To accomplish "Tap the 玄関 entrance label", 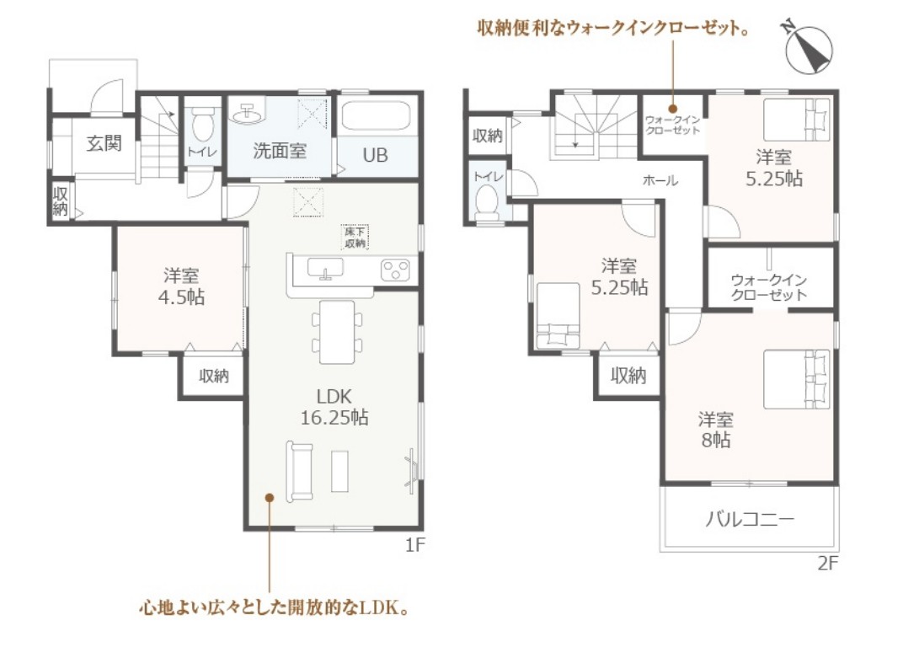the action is pyautogui.click(x=104, y=143).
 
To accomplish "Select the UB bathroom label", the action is pyautogui.click(x=375, y=155).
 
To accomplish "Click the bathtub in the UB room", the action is pyautogui.click(x=376, y=117).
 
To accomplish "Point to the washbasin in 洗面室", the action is pyautogui.click(x=248, y=113).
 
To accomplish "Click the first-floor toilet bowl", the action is pyautogui.click(x=202, y=125).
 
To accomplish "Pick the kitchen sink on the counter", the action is pyautogui.click(x=325, y=269).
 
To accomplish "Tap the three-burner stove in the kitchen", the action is pyautogui.click(x=396, y=270).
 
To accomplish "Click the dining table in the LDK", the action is pyautogui.click(x=338, y=332).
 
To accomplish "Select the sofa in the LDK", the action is pyautogui.click(x=300, y=471).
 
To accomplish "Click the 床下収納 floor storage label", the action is pyautogui.click(x=355, y=237).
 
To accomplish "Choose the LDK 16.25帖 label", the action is pyautogui.click(x=334, y=407).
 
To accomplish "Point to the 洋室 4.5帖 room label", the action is pyautogui.click(x=181, y=286).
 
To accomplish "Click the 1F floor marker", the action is pyautogui.click(x=414, y=544).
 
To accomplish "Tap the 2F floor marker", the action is pyautogui.click(x=828, y=563).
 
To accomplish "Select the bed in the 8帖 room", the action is pyautogui.click(x=797, y=379).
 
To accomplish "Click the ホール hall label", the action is pyautogui.click(x=660, y=180).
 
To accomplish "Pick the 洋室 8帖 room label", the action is pyautogui.click(x=716, y=429).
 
